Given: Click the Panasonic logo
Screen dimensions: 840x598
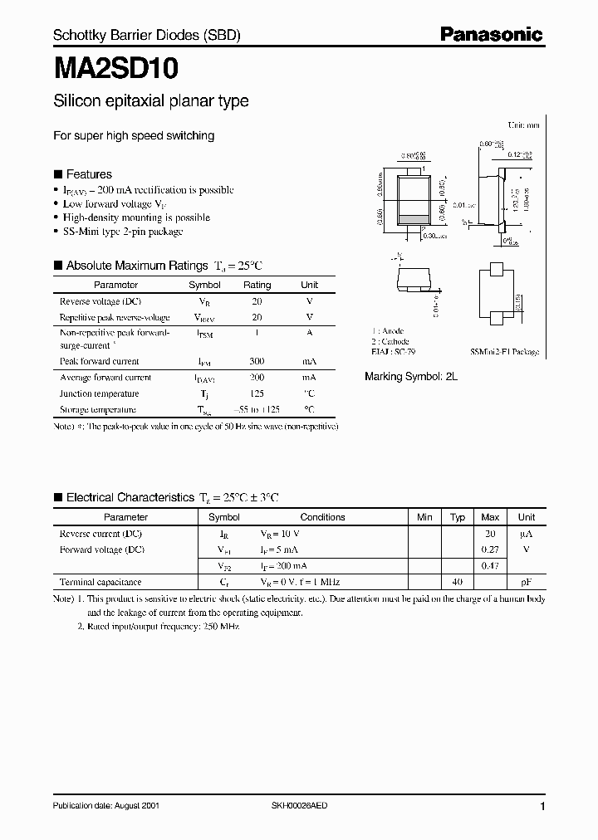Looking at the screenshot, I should click(x=491, y=34).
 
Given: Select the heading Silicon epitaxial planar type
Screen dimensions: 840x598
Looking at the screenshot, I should click(x=150, y=101).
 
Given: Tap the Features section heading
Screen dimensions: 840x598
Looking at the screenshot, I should click(x=88, y=174).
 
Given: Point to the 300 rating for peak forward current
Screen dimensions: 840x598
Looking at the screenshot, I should click(x=257, y=362).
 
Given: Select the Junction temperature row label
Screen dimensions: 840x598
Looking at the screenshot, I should click(x=99, y=394).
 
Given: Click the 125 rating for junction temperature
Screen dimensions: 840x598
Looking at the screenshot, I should click(x=257, y=394).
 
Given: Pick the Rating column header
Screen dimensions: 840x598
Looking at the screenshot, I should click(x=257, y=285).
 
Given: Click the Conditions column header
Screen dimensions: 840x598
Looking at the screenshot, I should click(x=322, y=517).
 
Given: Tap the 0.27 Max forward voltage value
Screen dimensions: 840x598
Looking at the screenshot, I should click(x=490, y=549).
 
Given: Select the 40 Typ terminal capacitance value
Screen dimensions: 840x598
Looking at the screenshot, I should click(x=457, y=582).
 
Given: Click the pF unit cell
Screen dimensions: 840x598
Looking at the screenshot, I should click(x=527, y=582).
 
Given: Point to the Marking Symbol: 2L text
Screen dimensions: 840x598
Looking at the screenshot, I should click(x=411, y=376).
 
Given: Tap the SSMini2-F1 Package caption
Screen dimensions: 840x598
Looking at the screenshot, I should click(x=504, y=352).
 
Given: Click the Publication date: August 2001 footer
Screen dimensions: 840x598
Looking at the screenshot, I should click(x=106, y=806).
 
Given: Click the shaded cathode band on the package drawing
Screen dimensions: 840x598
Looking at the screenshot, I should click(x=414, y=219).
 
